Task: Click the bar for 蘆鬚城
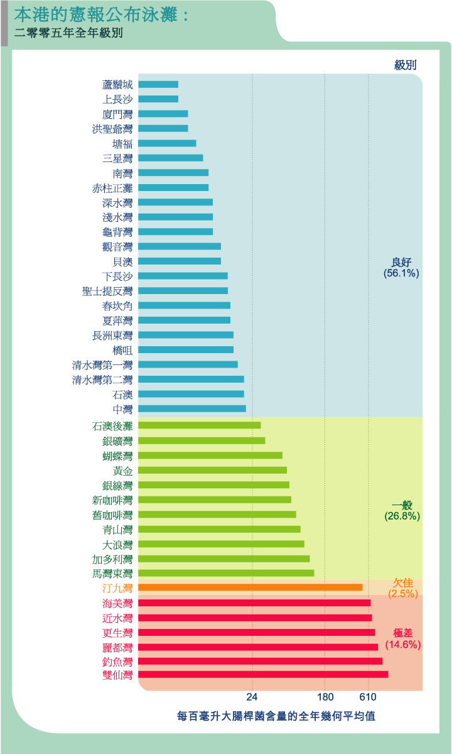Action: click(158, 84)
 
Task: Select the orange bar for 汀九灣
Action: click(250, 587)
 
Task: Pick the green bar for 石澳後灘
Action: click(199, 425)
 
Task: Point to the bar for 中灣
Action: click(191, 408)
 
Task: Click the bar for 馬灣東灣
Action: click(226, 573)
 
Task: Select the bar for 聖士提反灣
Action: click(183, 290)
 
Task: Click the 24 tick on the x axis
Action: click(252, 697)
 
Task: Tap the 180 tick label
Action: click(325, 697)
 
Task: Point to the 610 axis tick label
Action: click(368, 697)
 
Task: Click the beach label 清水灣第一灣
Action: click(102, 364)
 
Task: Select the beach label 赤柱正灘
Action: click(112, 188)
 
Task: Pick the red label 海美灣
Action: click(117, 603)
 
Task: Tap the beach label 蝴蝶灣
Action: click(117, 456)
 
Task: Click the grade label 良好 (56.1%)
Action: click(401, 268)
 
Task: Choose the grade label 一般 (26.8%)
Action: click(402, 510)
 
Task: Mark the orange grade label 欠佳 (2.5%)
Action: click(402, 588)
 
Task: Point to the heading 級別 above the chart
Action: click(406, 65)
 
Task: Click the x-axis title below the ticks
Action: click(276, 716)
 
